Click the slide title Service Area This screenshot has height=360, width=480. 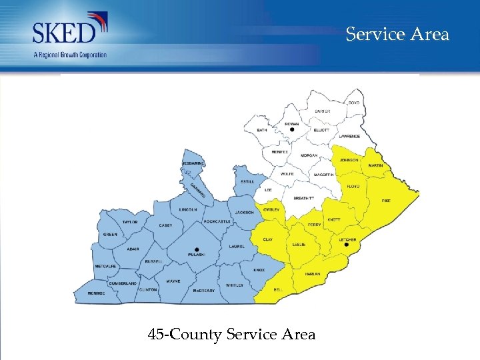click(x=397, y=34)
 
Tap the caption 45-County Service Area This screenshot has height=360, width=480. click(x=231, y=334)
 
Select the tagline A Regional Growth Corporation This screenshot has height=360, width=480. click(x=69, y=55)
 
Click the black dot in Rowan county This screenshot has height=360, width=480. click(x=292, y=130)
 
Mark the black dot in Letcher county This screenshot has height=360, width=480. click(x=347, y=245)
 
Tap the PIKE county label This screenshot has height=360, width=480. click(x=385, y=200)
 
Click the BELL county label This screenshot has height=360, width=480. click(x=279, y=290)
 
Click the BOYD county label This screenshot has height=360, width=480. click(x=353, y=103)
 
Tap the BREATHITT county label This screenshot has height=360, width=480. click(x=304, y=199)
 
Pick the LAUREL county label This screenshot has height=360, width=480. click(x=236, y=246)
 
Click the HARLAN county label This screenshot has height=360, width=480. click(x=313, y=274)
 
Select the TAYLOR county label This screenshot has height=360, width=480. click(x=129, y=222)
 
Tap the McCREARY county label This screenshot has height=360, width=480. click(x=203, y=291)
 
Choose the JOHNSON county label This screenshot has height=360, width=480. click(x=349, y=160)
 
